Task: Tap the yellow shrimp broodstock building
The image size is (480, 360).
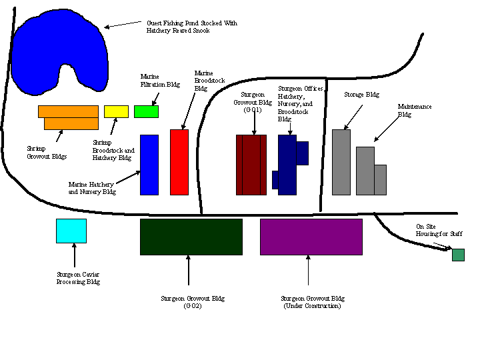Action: tap(116, 111)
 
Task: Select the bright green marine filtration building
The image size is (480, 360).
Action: tap(146, 111)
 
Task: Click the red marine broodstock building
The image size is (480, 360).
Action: tap(179, 162)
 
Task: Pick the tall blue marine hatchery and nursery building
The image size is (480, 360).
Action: tap(149, 165)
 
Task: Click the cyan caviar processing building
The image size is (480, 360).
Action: tap(71, 231)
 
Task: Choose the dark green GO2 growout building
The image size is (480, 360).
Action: tap(191, 237)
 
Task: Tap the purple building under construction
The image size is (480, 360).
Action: tap(311, 237)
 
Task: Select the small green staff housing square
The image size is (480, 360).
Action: tap(458, 255)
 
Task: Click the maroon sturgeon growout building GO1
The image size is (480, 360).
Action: tap(251, 165)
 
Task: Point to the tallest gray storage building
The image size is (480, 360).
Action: tap(341, 162)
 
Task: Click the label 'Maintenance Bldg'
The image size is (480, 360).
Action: tap(415, 110)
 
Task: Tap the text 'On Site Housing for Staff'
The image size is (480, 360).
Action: tap(439, 231)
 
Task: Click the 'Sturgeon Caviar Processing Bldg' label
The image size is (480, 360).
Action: tap(78, 278)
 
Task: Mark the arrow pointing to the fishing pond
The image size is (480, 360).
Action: tap(123, 25)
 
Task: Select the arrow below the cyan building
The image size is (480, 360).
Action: tap(74, 255)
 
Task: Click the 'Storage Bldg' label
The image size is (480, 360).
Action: tap(361, 95)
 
